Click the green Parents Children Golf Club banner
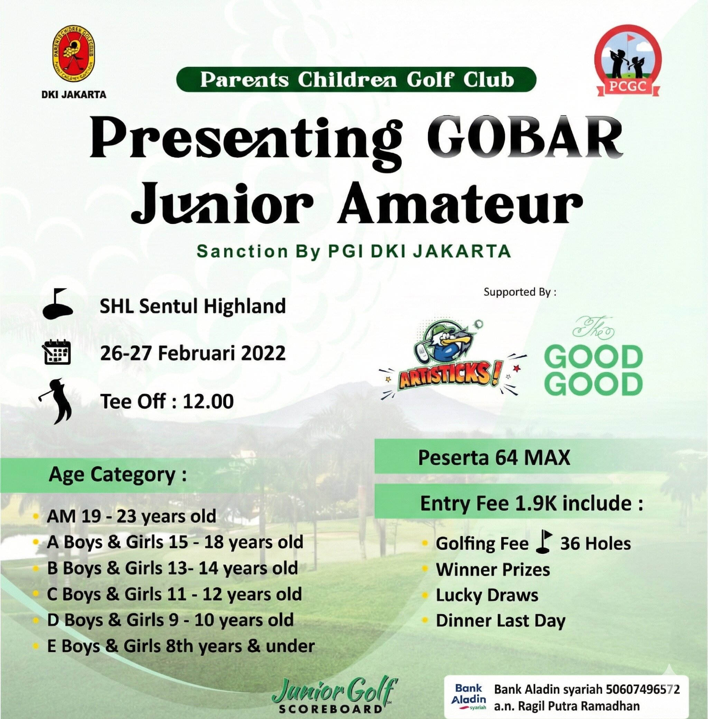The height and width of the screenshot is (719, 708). (x=356, y=80)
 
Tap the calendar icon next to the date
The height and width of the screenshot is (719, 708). (x=57, y=352)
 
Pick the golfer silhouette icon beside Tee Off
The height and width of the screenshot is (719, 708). (x=56, y=401)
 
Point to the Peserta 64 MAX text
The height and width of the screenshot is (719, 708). (x=494, y=457)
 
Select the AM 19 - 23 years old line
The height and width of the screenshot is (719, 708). (x=131, y=516)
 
